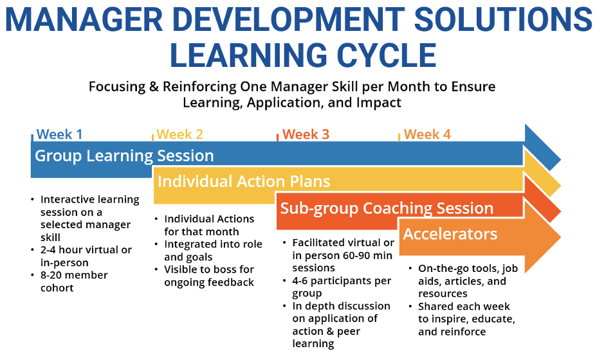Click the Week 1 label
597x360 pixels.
pos(59,134)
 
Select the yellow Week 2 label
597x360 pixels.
pos(179,134)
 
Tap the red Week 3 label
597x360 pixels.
pos(306,134)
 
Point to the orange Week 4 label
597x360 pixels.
pos(427,134)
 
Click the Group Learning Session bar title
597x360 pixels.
pos(124,156)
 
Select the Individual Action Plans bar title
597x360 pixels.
pos(244,181)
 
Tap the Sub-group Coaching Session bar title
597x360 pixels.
pos(387,208)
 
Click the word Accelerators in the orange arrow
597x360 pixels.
pos(450,234)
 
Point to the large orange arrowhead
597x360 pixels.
pos(540,237)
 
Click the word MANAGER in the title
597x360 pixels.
pos(84,19)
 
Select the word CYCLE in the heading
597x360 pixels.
pos(387,55)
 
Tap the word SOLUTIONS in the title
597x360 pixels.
pos(503,19)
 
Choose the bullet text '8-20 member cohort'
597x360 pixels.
pos(74,281)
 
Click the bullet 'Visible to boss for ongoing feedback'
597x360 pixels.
pos(208,276)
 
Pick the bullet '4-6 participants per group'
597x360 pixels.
pos(341,287)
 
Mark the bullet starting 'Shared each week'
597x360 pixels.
pos(466,319)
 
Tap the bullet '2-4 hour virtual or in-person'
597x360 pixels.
pos(86,256)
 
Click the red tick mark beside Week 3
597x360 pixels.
pos(277,138)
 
